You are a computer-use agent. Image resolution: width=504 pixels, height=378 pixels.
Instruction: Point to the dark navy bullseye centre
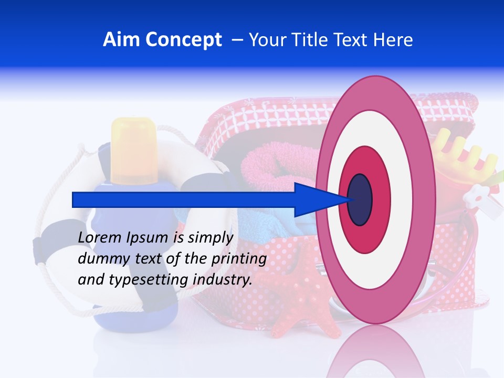pyautogui.click(x=360, y=199)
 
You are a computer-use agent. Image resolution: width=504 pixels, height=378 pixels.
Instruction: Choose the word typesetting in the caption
pyautogui.click(x=140, y=279)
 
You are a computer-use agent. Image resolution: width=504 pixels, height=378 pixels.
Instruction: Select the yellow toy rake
pyautogui.click(x=467, y=157)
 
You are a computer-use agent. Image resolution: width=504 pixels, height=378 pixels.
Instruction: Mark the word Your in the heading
pyautogui.click(x=266, y=40)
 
